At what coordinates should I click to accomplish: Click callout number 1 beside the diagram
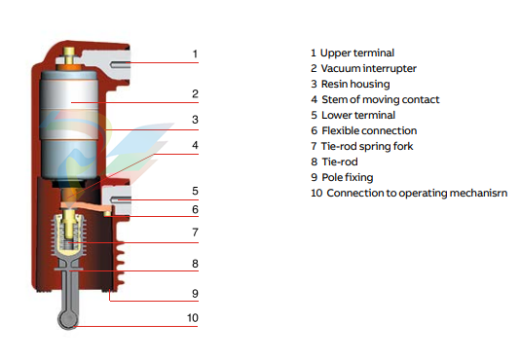pos(195,54)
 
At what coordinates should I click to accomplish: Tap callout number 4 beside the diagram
pos(195,145)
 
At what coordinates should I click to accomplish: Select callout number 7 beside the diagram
pos(196,233)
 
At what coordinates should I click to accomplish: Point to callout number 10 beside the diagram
pos(193,318)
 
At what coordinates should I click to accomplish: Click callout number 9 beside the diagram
pos(195,294)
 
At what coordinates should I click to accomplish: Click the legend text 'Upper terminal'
pos(357,54)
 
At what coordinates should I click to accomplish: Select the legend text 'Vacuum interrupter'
pos(369,69)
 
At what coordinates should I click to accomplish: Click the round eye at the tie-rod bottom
pos(68,319)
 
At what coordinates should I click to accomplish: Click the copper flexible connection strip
pos(85,206)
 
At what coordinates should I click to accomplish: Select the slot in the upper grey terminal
pos(120,64)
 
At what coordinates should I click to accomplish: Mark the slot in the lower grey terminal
pos(121,199)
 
